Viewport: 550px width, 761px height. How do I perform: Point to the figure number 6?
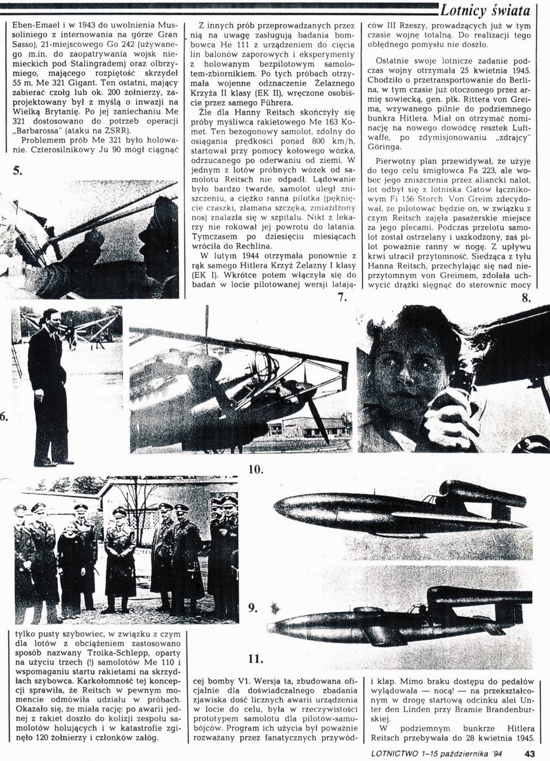click(x=4, y=417)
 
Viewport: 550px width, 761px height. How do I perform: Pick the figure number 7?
click(x=341, y=297)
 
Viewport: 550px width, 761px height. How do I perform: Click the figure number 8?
click(x=526, y=297)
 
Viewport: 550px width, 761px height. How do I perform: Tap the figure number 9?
click(x=252, y=608)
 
